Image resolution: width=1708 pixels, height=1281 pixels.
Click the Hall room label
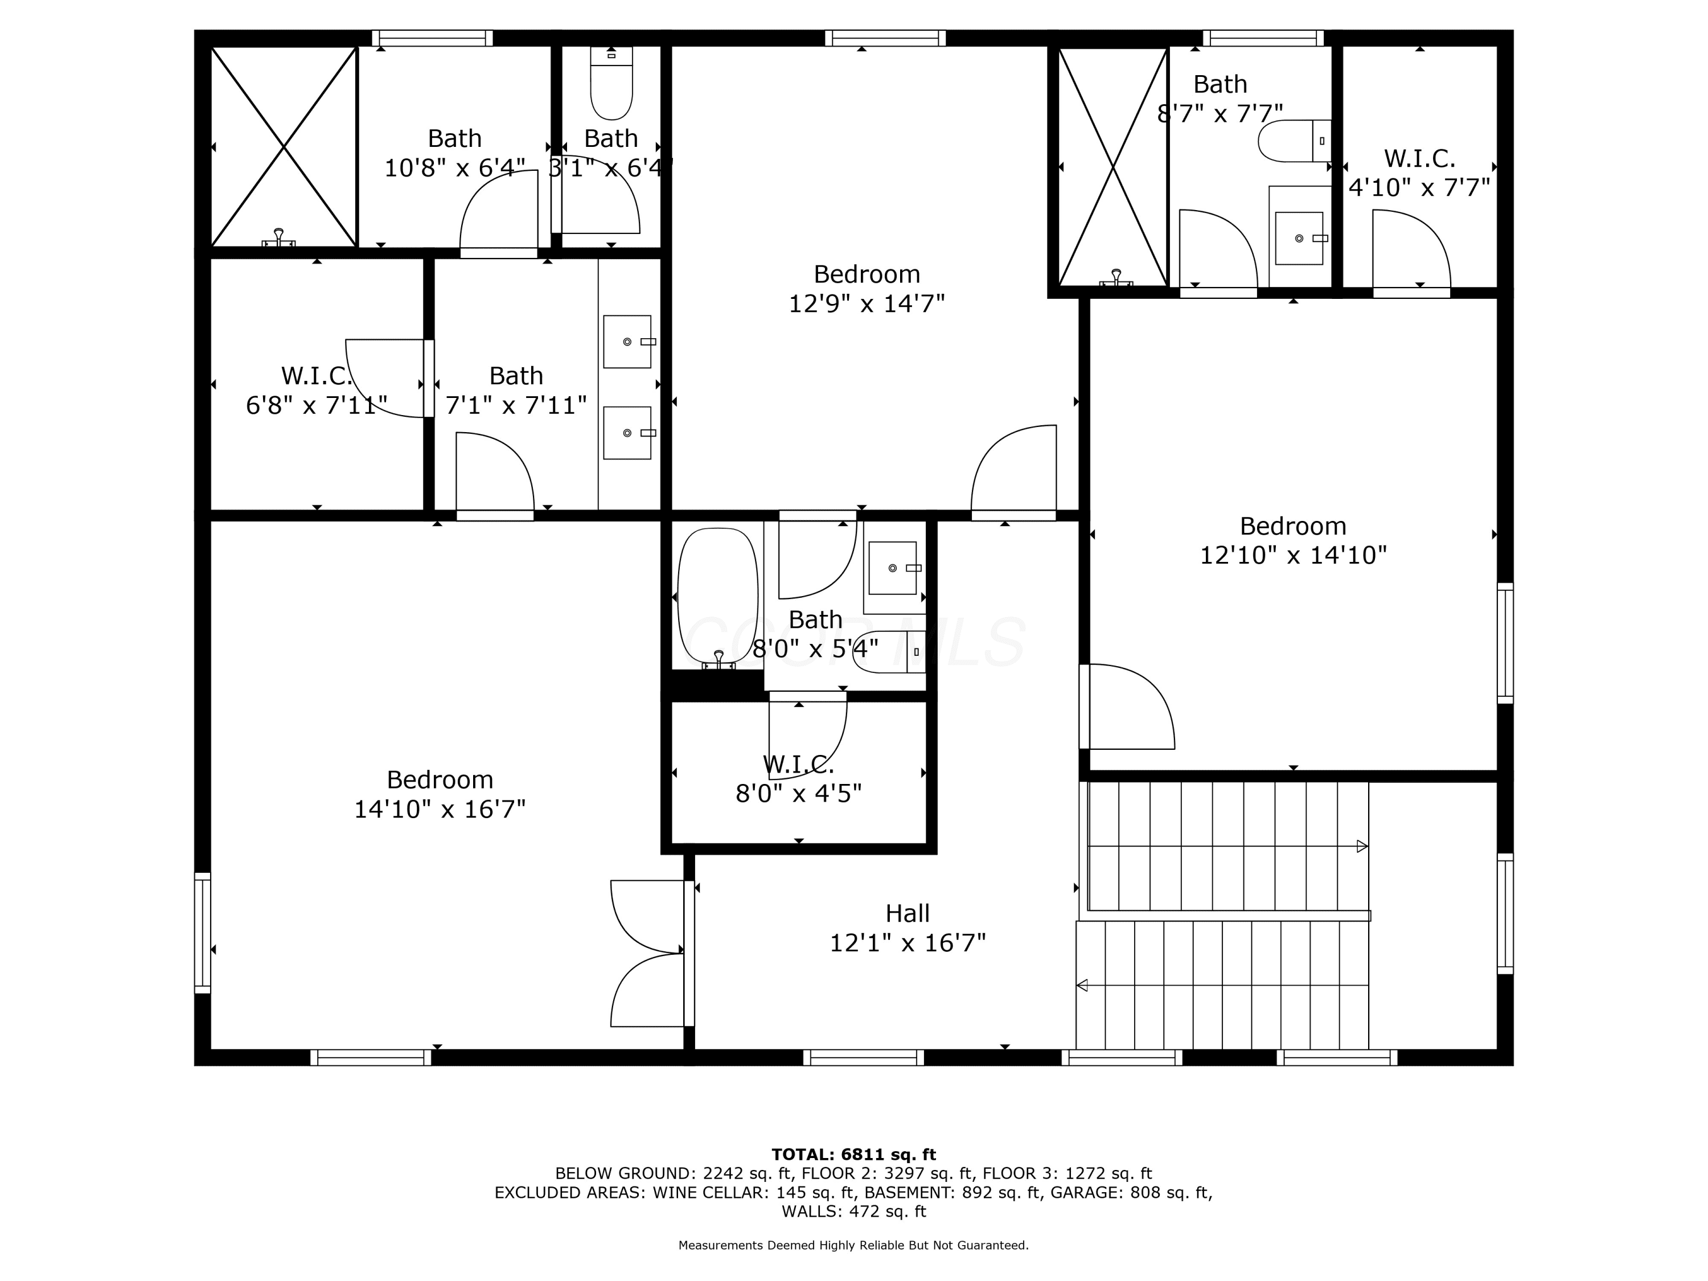[908, 913]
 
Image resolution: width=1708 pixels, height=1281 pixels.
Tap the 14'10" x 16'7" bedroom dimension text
[440, 809]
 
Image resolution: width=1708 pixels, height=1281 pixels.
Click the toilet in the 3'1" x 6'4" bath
[611, 83]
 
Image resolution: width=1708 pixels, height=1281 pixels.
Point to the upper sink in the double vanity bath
[627, 341]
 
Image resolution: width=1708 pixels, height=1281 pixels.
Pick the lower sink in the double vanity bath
[627, 433]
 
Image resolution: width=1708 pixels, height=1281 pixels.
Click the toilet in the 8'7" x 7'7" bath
[1295, 141]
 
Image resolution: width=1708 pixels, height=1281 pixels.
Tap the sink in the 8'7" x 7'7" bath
[1300, 239]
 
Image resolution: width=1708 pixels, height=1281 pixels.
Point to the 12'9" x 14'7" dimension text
[867, 303]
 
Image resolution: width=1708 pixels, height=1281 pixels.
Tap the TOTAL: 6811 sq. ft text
[853, 1155]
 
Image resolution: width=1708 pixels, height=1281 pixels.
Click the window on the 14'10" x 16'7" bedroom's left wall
[202, 933]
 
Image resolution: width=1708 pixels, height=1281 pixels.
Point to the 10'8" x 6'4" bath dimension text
[455, 167]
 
